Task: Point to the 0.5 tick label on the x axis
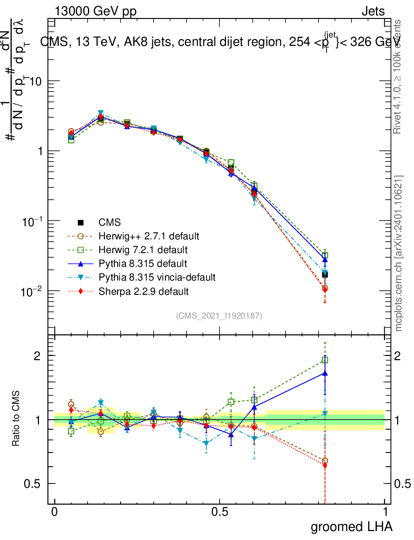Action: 220,513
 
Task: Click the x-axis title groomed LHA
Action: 351,526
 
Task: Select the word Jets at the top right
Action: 373,12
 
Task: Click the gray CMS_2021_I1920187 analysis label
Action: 219,315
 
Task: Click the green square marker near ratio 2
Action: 325,360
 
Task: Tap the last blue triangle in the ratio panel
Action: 325,373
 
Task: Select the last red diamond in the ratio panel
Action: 325,465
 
